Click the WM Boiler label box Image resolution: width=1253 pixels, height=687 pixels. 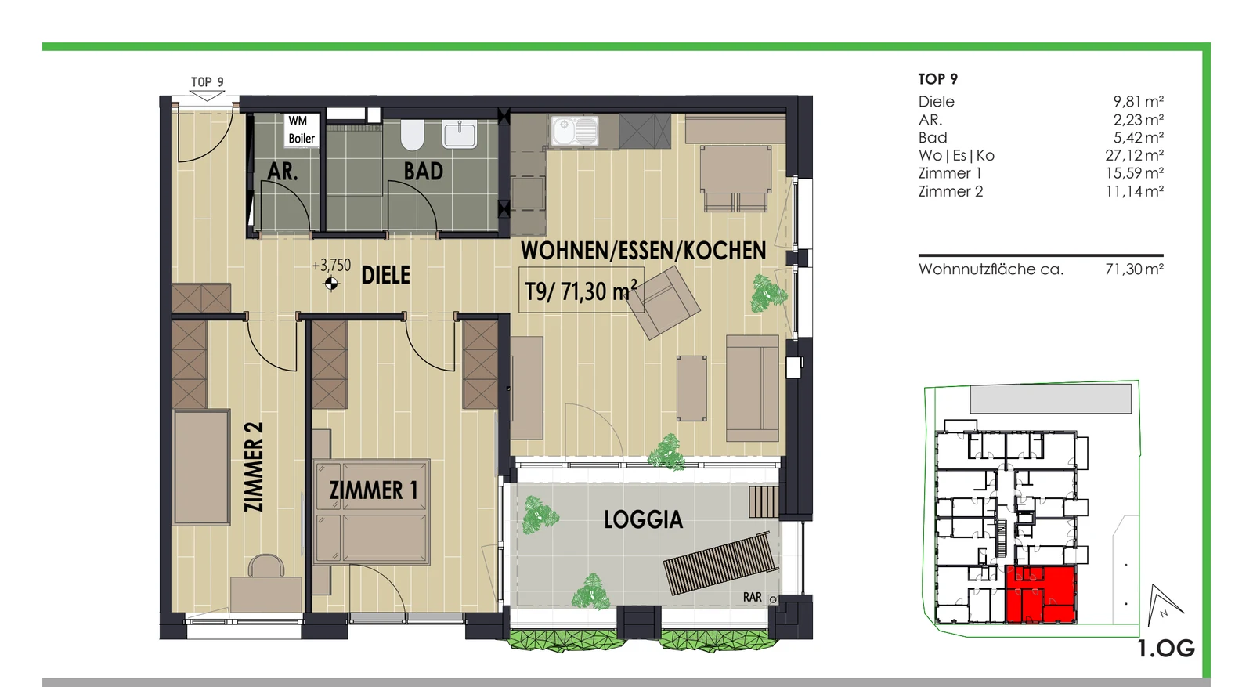[302, 130]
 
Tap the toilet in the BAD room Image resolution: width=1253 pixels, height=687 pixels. [412, 134]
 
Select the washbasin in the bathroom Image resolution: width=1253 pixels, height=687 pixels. [459, 134]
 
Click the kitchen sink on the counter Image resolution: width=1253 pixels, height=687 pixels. [575, 131]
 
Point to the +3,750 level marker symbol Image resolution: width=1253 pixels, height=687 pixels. [332, 284]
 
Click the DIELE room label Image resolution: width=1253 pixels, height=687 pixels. [386, 275]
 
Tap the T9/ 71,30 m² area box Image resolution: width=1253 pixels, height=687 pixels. [581, 290]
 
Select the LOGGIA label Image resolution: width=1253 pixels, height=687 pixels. [643, 519]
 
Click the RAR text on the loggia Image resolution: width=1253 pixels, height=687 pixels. [753, 598]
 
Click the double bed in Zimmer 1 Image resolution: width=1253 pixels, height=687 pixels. [371, 512]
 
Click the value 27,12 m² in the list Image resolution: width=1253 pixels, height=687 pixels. [1135, 156]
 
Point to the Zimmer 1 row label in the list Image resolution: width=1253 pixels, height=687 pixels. [950, 173]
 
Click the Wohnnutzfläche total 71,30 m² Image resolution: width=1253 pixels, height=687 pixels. [1135, 269]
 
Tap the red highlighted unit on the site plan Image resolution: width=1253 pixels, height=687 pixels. [1041, 594]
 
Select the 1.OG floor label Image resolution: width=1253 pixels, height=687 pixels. [1166, 649]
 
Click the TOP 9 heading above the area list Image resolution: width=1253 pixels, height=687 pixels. [938, 79]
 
